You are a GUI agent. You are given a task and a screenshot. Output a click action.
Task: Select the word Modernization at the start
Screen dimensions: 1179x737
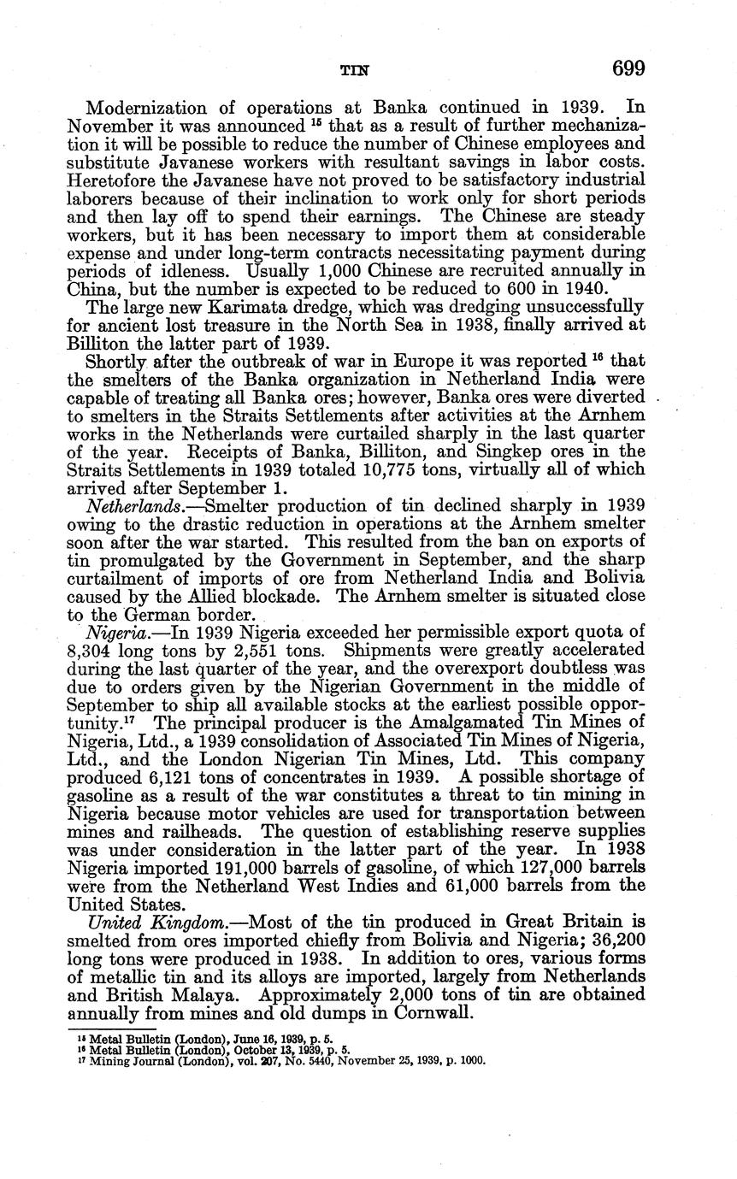[x=143, y=109]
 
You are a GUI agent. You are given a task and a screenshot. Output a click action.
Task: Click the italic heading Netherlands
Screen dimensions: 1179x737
[x=130, y=506]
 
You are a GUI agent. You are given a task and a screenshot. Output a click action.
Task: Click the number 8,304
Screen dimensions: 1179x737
[x=91, y=650]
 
